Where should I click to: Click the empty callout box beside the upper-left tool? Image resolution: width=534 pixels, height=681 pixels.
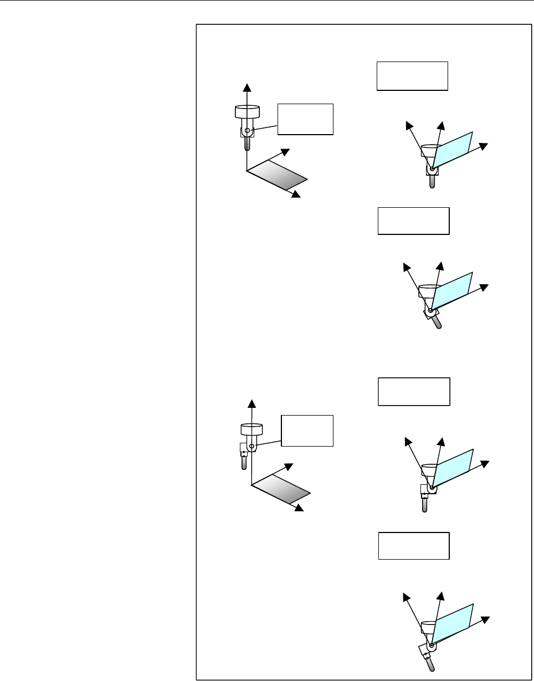click(305, 119)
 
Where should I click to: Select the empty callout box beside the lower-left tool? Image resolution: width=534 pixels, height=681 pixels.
click(307, 430)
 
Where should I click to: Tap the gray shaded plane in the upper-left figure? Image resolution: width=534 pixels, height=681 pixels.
click(277, 176)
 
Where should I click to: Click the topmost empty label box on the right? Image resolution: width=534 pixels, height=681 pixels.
click(412, 76)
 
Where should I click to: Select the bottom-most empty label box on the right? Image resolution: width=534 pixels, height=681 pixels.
click(413, 546)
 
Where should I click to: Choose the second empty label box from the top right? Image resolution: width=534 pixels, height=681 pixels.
click(413, 221)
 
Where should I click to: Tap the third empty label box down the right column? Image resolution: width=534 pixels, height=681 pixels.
click(413, 392)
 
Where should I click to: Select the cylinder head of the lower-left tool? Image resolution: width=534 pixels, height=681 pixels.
click(251, 429)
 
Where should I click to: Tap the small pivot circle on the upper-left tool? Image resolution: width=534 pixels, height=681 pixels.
click(247, 131)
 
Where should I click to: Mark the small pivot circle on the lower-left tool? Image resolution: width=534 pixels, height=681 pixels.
click(251, 446)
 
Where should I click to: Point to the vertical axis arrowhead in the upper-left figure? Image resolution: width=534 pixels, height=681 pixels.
click(247, 86)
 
